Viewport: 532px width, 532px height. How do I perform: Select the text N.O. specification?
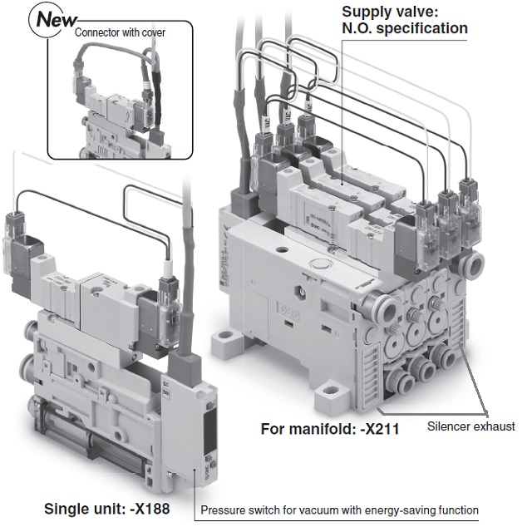[x=405, y=28]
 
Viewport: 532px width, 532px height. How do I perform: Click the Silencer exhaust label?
[x=471, y=426]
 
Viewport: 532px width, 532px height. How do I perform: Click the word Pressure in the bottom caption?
[x=229, y=510]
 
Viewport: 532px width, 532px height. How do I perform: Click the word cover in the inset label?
[x=150, y=33]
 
